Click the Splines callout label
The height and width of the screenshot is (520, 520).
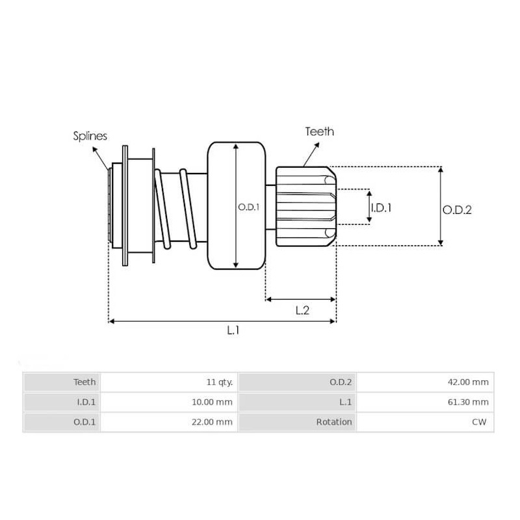[x=90, y=136]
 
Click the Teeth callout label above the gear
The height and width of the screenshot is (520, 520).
[x=319, y=131]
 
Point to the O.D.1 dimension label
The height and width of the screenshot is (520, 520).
[x=248, y=207]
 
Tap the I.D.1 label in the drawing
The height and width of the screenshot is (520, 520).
[x=381, y=208]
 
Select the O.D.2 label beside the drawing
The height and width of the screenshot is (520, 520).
[x=457, y=210]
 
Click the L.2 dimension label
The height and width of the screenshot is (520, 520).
[x=302, y=310]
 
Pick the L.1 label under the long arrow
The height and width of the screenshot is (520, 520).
[x=233, y=330]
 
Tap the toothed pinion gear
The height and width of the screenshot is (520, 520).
[x=304, y=207]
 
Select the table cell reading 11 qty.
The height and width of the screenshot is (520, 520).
[x=219, y=382]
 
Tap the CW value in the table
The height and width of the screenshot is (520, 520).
[x=480, y=422]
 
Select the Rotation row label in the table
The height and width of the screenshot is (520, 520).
[x=334, y=422]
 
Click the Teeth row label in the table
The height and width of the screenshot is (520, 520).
[x=84, y=382]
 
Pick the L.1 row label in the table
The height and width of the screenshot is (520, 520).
[x=344, y=402]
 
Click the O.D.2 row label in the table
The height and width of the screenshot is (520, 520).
[x=341, y=382]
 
